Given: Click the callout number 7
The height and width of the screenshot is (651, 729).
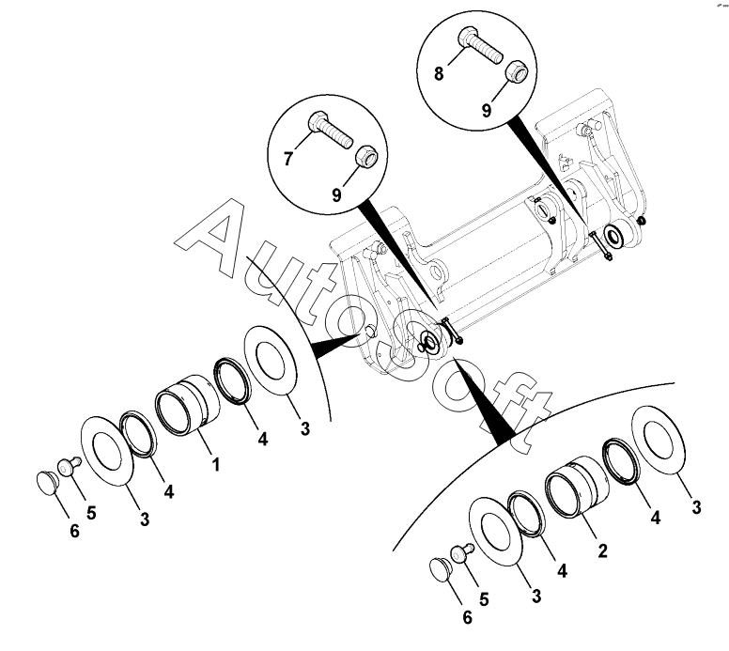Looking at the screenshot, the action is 288,159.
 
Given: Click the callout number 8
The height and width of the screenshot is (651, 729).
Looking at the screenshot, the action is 439,73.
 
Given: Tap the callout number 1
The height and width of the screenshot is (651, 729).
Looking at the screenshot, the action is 215,464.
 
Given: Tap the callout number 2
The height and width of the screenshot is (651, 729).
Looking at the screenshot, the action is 602,551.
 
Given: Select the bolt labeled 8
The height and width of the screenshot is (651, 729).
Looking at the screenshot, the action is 481,45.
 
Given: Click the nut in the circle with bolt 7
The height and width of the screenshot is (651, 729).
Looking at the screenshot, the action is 368,157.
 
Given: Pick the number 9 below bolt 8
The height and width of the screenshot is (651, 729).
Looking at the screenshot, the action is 487,111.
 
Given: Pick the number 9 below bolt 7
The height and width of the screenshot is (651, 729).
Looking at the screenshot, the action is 336,194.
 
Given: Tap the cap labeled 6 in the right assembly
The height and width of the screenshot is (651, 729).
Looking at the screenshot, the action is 440,568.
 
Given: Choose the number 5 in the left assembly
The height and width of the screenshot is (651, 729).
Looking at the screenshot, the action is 91,513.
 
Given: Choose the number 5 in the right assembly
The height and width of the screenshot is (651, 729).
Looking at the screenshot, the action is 484,599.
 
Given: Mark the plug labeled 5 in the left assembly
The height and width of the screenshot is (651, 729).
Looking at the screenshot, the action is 69,466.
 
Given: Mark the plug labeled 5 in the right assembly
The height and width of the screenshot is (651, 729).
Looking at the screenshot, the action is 461,553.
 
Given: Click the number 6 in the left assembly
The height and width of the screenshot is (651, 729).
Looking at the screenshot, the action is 74,531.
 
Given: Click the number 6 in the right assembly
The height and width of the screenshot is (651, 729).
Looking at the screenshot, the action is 467,617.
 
